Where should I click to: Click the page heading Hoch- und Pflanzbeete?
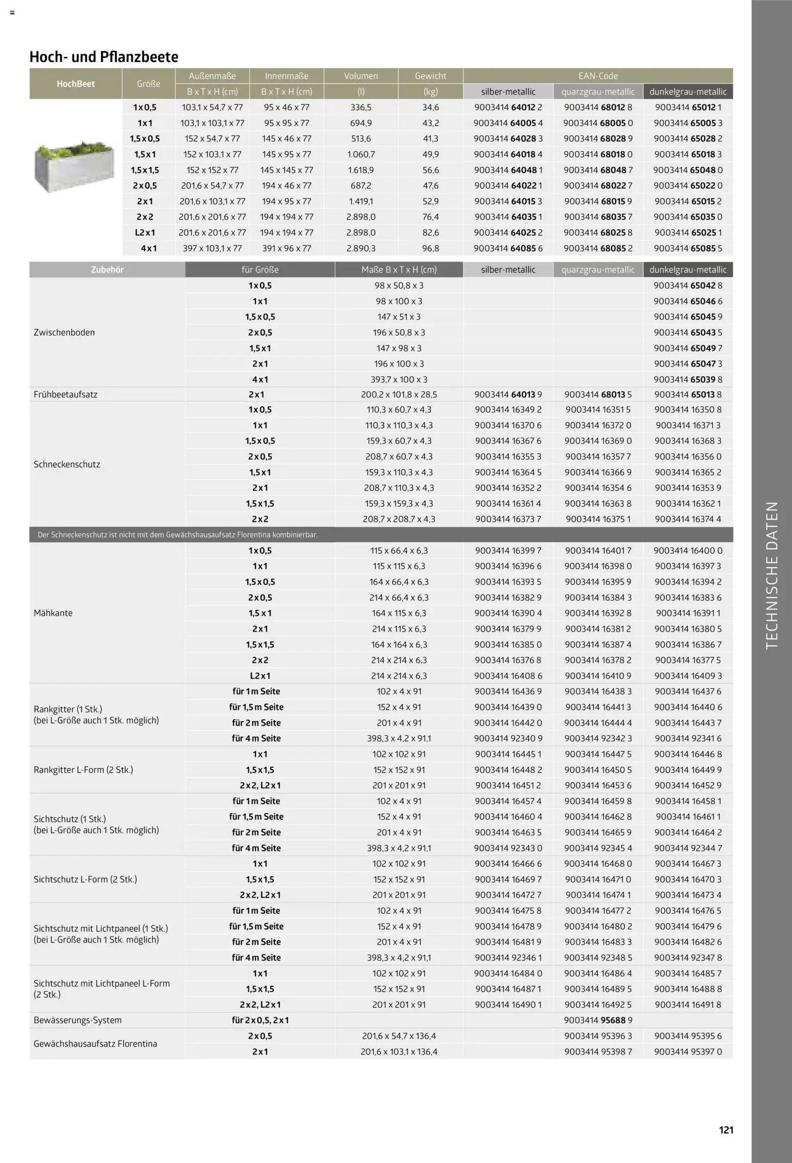(104, 57)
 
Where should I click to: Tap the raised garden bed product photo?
(75, 166)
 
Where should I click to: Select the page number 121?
(726, 1130)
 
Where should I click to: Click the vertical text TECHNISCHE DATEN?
(772, 575)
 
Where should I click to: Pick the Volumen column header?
(361, 76)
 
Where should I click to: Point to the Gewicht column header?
(430, 76)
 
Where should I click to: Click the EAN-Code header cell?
(598, 76)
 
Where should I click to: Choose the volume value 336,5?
(361, 107)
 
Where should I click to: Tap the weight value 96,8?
(430, 249)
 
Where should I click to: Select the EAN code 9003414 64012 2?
(508, 107)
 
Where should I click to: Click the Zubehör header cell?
(107, 270)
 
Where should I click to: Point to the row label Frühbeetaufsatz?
(65, 394)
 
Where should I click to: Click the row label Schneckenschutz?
(67, 464)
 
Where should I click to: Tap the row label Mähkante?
(53, 613)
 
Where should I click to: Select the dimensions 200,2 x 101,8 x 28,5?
(399, 394)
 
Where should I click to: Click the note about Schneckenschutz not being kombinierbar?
(177, 535)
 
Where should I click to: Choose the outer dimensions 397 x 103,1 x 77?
(212, 249)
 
